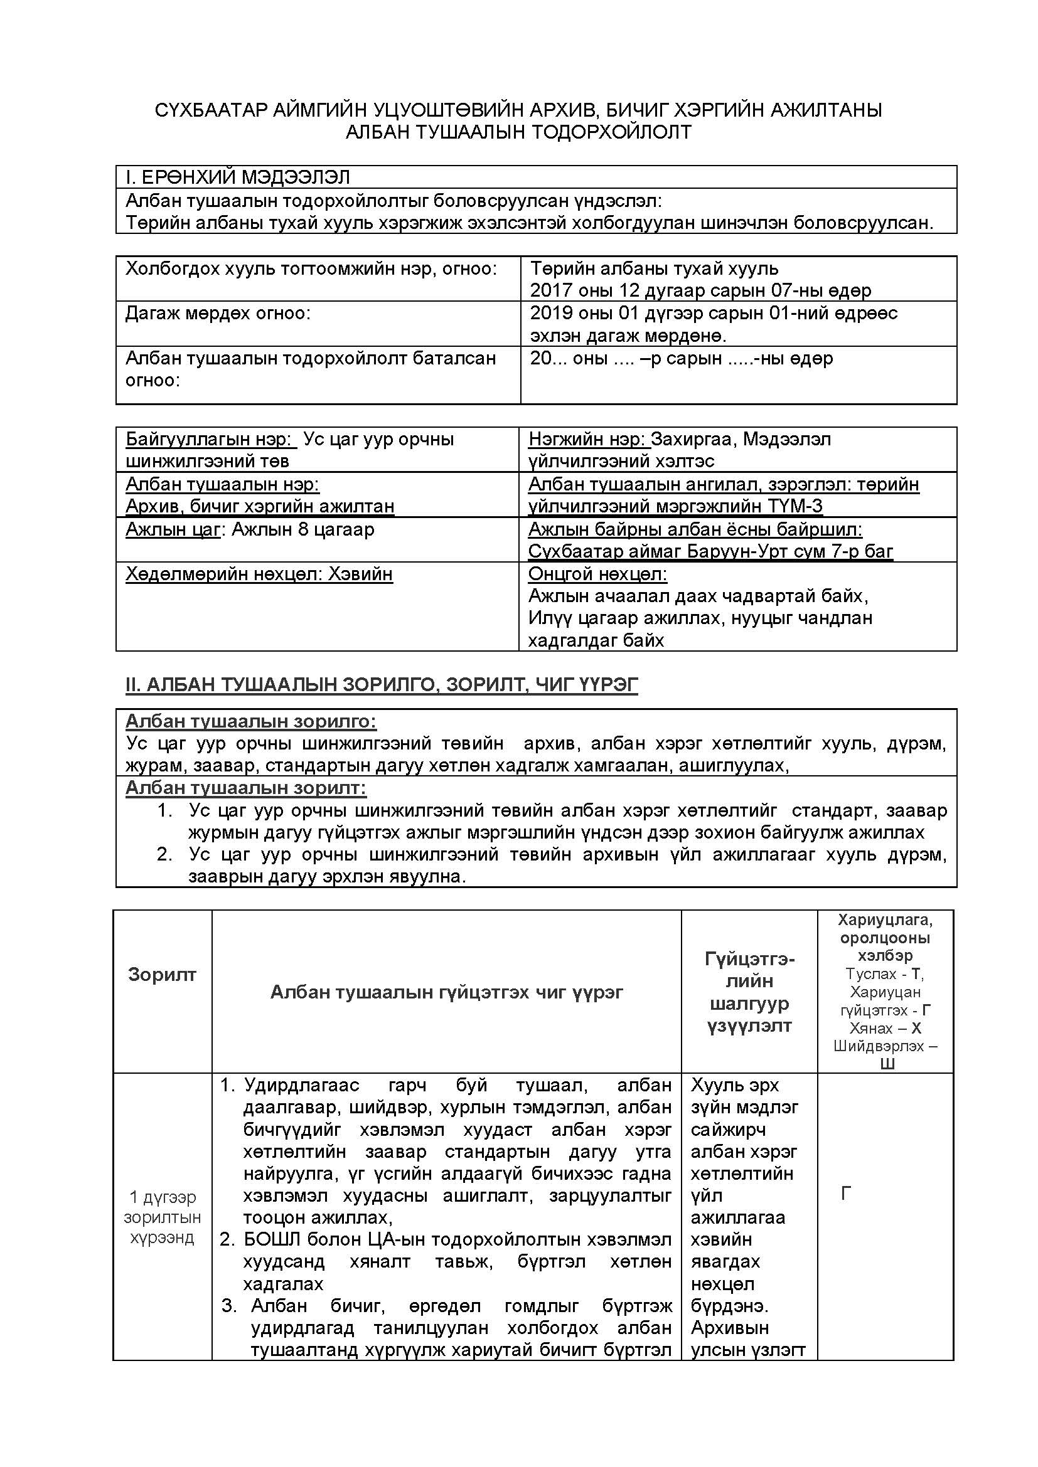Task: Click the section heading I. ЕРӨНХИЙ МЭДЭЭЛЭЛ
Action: tap(238, 177)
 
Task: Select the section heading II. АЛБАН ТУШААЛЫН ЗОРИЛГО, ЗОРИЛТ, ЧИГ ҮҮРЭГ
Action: tap(382, 685)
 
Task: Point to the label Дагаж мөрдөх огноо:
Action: tap(217, 313)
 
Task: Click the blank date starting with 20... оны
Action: tap(682, 359)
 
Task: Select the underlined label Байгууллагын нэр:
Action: tap(208, 440)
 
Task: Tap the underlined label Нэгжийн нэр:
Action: tap(587, 440)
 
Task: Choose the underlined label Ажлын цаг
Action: tap(173, 530)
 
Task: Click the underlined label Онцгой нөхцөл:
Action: tap(597, 575)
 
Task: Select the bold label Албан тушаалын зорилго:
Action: tap(250, 722)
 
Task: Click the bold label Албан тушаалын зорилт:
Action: tap(245, 788)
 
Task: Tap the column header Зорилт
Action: tap(162, 975)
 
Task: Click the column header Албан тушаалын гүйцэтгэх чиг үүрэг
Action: tap(446, 992)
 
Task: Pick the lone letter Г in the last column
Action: tap(845, 1194)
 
